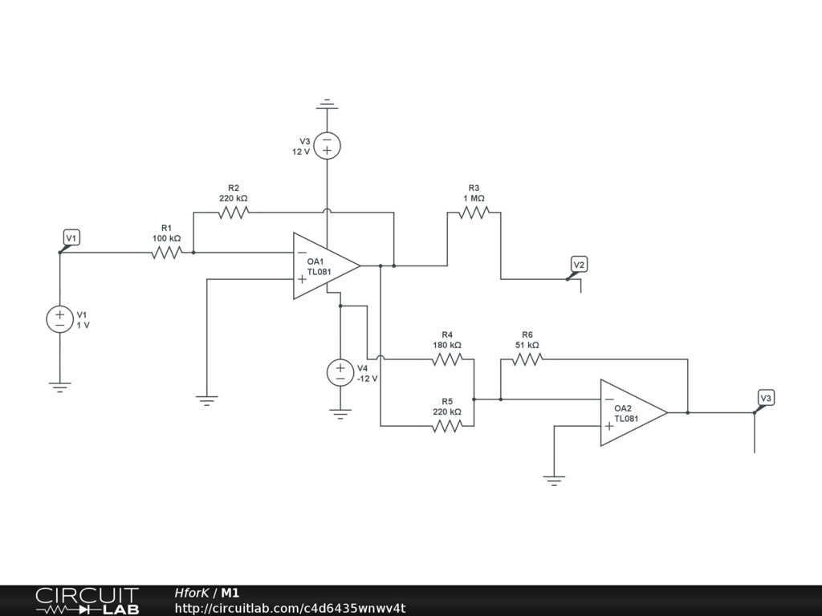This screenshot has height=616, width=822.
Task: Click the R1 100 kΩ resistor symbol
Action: pos(167,253)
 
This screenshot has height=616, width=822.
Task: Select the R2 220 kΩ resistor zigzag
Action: pos(234,212)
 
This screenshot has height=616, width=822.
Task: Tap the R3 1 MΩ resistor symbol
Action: pos(474,212)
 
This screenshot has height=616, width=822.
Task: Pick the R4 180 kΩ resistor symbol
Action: pos(447,359)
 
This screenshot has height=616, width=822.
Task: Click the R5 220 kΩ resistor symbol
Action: pos(447,426)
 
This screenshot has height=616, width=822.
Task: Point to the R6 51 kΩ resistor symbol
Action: pos(527,359)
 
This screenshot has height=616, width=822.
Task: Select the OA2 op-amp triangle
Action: pos(634,413)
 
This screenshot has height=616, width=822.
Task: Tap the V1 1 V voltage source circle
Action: pos(59,319)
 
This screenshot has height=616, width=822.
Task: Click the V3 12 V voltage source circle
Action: pos(328,146)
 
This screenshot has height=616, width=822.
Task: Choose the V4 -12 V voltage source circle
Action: pos(340,372)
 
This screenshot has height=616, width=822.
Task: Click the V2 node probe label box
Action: pos(579,265)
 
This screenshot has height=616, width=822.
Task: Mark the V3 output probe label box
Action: pos(766,398)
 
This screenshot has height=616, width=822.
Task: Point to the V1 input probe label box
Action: pos(71,237)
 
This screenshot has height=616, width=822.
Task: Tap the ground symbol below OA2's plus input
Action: pos(554,481)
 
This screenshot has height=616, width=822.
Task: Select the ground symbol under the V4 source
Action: pos(340,415)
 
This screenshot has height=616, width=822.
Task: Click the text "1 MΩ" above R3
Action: pos(474,199)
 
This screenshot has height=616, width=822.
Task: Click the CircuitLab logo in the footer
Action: pos(87,600)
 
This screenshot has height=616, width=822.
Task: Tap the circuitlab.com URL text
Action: pos(290,608)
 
